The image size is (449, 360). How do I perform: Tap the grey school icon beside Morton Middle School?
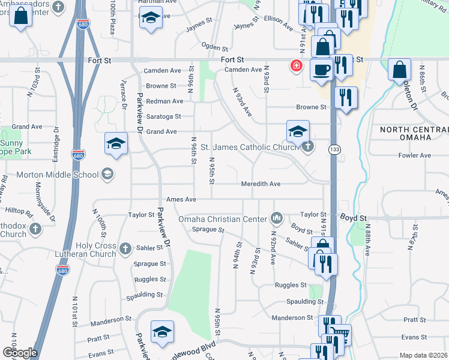107,175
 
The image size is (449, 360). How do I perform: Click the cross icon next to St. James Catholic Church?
308,146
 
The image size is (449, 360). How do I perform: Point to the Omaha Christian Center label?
223,218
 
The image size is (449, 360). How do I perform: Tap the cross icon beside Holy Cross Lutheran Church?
125,248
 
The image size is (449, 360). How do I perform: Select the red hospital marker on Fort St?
296,65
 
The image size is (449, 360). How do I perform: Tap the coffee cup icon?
321,69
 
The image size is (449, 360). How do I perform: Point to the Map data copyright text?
423,355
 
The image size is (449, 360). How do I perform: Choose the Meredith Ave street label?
261,184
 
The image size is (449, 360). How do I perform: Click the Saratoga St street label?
161,116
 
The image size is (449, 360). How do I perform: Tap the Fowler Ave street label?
415,155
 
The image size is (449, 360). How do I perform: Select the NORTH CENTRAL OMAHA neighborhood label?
414,133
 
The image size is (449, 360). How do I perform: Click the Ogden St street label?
215,48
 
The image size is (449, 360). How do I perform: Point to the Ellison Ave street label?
278,27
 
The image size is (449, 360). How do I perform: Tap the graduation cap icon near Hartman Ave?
151,19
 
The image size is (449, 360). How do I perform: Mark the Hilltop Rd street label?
20,212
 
